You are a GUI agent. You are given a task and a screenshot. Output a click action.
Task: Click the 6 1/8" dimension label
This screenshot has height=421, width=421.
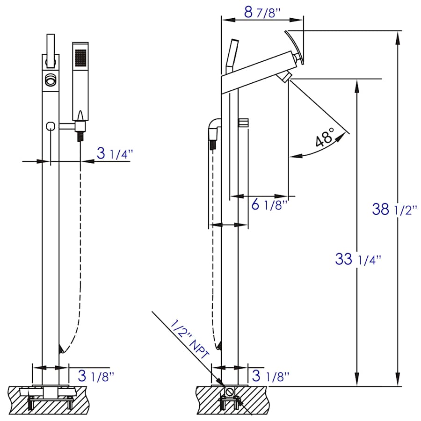pos(269,204)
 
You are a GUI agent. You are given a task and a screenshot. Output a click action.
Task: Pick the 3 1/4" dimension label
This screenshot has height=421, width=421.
pos(115,153)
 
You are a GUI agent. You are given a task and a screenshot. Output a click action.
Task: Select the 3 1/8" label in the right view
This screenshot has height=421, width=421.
pos(270,375)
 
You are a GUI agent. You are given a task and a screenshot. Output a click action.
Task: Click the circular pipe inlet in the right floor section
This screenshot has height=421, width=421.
pos(229,392)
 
